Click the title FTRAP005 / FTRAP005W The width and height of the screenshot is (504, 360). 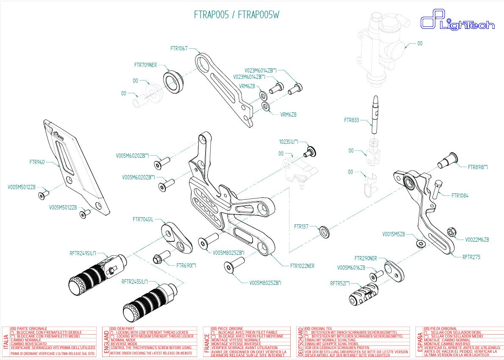237,15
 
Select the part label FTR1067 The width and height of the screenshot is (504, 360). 179,48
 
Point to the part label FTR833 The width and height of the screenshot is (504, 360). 351,120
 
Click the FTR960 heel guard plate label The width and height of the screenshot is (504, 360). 37,162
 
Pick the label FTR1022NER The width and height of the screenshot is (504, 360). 302,266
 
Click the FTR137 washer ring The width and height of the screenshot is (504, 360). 324,232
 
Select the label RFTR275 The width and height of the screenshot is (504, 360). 471,257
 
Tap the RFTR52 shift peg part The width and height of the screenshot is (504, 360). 362,293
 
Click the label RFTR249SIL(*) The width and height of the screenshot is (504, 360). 83,254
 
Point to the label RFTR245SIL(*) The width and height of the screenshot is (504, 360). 135,282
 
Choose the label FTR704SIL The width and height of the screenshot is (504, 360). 143,219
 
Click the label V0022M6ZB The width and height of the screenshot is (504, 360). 477,240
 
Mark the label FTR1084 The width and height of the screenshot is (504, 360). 460,196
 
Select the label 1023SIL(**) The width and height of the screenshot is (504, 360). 289,142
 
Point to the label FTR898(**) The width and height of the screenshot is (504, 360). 478,167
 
